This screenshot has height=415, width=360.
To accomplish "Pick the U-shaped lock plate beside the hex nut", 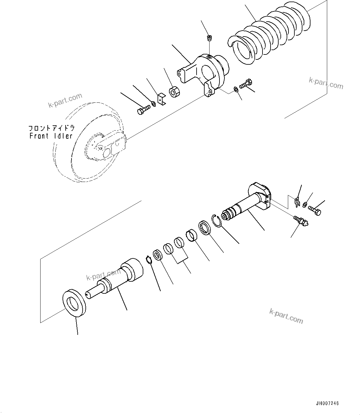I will (x=162, y=99).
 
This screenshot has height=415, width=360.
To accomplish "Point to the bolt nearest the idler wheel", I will (x=143, y=110).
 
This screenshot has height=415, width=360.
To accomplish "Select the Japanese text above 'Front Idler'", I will (x=51, y=128).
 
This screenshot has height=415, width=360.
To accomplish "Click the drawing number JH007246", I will (x=327, y=404).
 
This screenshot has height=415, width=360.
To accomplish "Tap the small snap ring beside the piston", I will (x=149, y=260).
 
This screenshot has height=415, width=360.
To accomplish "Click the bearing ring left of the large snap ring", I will (x=205, y=228).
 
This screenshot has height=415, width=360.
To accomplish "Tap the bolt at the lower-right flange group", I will (x=315, y=212).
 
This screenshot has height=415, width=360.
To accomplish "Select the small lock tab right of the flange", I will (x=297, y=202).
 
